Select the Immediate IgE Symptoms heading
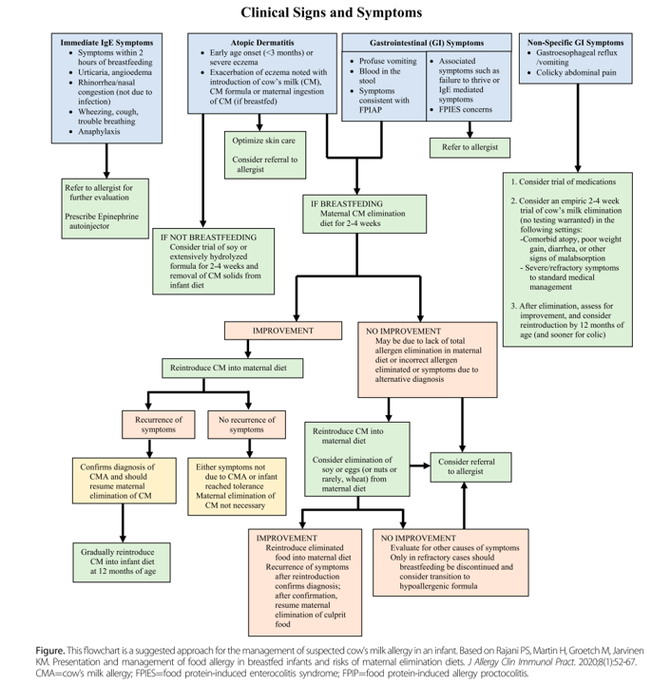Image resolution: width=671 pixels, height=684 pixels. (106, 44)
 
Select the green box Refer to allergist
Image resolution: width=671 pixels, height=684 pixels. (470, 148)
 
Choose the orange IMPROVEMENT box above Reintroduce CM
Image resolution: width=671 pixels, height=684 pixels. (284, 330)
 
